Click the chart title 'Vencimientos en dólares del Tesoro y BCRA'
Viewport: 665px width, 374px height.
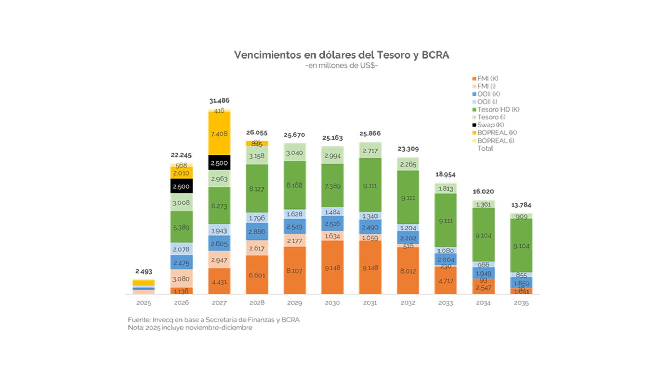(342, 55)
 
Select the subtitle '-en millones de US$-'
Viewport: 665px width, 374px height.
(342, 66)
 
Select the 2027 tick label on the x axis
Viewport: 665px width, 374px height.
(219, 303)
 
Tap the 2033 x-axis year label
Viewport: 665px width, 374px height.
(445, 303)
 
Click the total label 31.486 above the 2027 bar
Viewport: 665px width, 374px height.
(219, 100)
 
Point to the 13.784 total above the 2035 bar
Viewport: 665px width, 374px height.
(521, 205)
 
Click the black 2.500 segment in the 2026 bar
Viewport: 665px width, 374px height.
(181, 186)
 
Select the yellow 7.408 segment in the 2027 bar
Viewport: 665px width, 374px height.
(219, 133)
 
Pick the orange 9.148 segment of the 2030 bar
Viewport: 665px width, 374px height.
(332, 267)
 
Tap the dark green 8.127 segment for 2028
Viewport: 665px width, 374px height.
(257, 189)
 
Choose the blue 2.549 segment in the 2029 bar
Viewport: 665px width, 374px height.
(294, 227)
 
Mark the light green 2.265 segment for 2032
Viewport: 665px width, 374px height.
(408, 164)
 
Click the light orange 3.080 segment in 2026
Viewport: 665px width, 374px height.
(181, 279)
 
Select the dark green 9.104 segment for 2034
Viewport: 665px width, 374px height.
(483, 235)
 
